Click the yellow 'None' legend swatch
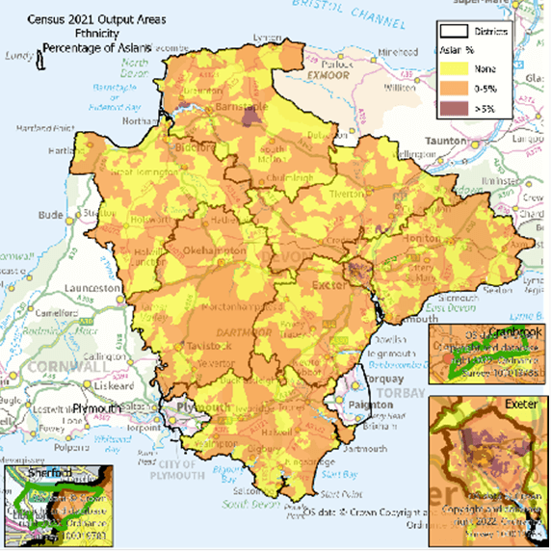pos(456,68)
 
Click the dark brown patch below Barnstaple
pos(253,116)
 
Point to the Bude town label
pos(50,213)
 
